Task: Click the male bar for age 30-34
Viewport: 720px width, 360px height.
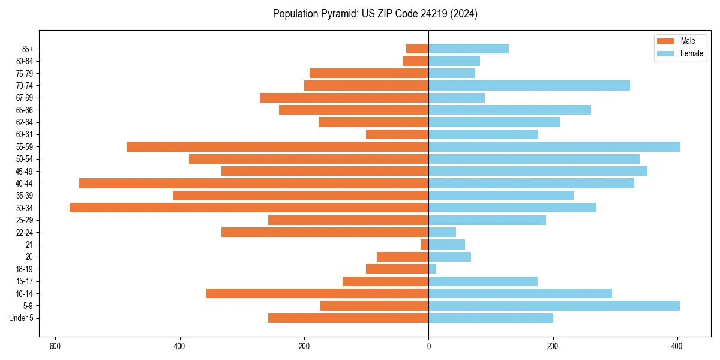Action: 249,208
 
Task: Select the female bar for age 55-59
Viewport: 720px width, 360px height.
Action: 554,146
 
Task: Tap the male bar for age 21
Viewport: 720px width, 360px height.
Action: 425,244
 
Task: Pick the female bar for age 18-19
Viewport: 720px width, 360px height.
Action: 432,269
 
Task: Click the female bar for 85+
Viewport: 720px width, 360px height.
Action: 469,49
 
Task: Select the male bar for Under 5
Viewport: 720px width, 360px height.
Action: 348,318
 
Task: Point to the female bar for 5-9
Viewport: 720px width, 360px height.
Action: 554,305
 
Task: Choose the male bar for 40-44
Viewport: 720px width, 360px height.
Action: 254,183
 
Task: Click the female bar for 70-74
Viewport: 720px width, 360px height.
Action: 529,85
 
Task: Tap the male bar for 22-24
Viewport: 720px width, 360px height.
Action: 325,232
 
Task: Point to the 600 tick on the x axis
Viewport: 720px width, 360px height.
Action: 55,346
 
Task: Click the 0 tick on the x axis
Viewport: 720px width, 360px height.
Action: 428,346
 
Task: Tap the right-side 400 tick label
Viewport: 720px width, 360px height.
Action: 677,346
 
